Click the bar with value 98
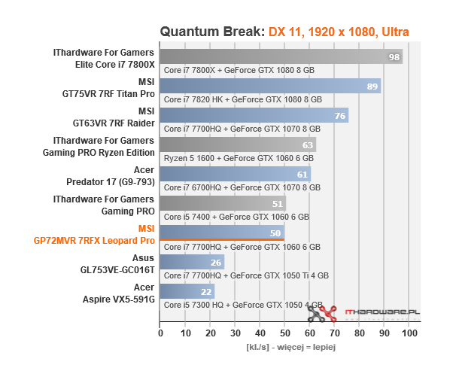coord(281,57)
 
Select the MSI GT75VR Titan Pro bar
coord(270,87)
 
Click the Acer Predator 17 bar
coord(236,174)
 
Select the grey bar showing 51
coord(223,203)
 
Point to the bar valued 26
coord(192,262)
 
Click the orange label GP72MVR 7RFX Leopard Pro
coord(94,241)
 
